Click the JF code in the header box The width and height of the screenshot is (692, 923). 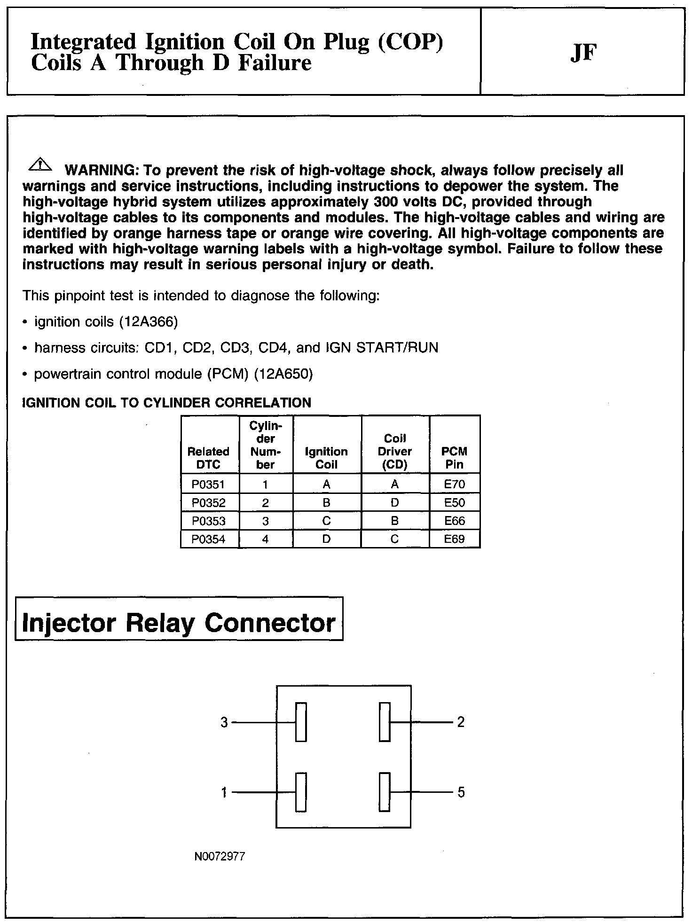(x=583, y=53)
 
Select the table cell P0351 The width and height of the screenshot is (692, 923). (x=208, y=485)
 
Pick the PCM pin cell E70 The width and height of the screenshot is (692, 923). (x=455, y=485)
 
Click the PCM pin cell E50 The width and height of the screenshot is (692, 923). (x=455, y=503)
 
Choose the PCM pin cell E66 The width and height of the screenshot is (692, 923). (x=455, y=521)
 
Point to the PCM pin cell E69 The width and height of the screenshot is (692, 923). (x=455, y=540)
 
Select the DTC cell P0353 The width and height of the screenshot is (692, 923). (x=208, y=521)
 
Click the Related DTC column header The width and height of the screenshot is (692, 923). (x=208, y=458)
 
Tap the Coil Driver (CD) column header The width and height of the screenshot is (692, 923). (x=395, y=451)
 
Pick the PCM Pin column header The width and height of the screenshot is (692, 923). (x=455, y=458)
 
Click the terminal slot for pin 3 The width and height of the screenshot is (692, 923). (x=301, y=722)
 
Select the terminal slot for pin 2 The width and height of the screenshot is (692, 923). (x=385, y=722)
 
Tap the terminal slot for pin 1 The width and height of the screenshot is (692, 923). (x=301, y=792)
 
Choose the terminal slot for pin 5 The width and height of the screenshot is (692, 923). (x=385, y=792)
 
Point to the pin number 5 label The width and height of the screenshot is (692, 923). (x=461, y=793)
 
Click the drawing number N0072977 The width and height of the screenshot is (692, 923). (x=220, y=857)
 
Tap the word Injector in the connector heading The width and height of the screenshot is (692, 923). (x=69, y=623)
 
